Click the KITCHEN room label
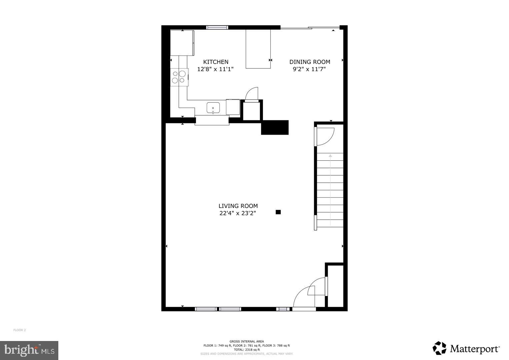(x=216, y=62)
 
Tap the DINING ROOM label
(x=310, y=62)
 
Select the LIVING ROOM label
(x=238, y=206)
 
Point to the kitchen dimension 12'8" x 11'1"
(x=215, y=69)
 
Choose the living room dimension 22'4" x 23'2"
(x=238, y=213)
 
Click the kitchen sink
(x=213, y=108)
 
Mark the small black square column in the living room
(x=278, y=212)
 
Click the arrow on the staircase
(x=330, y=156)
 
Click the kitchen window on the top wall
(x=217, y=27)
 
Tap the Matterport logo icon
(x=439, y=348)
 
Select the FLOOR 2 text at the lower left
(x=19, y=330)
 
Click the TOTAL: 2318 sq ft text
(x=247, y=350)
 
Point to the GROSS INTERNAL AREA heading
(x=247, y=341)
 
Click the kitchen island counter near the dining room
(x=258, y=49)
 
